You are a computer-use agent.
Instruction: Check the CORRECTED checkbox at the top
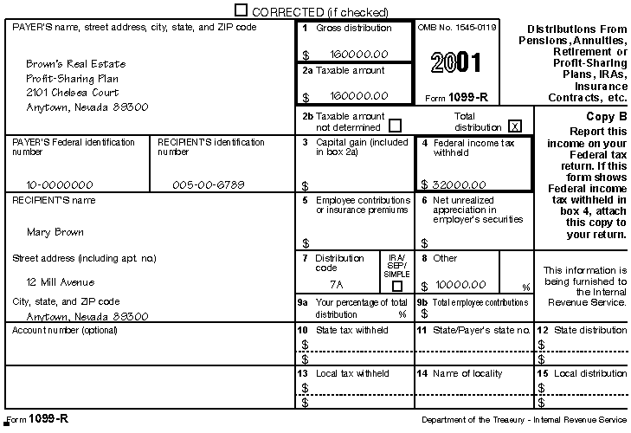(241, 10)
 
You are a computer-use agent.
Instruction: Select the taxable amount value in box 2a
(357, 96)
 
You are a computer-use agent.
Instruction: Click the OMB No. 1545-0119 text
(457, 28)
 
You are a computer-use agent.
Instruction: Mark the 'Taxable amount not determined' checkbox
(396, 125)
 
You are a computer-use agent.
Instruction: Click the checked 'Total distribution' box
(515, 125)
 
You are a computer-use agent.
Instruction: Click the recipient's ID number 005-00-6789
(208, 184)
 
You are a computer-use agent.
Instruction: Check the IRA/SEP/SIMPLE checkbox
(396, 286)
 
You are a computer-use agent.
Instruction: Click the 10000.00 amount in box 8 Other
(460, 284)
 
